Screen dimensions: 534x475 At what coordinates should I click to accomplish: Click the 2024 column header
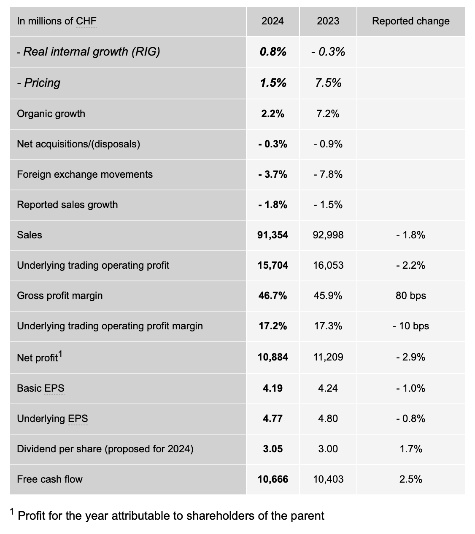(273, 21)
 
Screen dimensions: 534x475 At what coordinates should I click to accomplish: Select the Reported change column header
(410, 21)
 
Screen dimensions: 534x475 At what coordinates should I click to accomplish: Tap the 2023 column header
(328, 21)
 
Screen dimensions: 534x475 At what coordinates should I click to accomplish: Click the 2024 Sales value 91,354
(273, 235)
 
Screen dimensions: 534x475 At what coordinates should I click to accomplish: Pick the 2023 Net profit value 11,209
(328, 357)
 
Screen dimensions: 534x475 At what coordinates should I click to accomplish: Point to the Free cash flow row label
(50, 479)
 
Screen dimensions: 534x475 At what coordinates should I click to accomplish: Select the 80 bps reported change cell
(410, 296)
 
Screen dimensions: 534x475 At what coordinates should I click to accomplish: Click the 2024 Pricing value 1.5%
(273, 83)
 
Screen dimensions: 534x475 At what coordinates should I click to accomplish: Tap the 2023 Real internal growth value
(328, 52)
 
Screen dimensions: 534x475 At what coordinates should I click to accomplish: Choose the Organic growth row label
(51, 114)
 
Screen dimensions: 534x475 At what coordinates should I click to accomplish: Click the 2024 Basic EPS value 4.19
(273, 388)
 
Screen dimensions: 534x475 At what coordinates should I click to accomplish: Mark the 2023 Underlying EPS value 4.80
(328, 419)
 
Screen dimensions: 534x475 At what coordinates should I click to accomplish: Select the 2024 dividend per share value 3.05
(273, 449)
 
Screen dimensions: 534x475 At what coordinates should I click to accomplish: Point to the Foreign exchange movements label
(85, 174)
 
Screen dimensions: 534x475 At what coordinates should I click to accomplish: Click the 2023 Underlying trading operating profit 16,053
(328, 265)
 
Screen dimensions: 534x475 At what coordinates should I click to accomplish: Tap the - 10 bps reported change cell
(410, 326)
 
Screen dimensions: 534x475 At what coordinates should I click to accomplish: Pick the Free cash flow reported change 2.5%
(410, 479)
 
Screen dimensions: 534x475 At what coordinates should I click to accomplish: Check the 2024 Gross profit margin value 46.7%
(273, 296)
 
